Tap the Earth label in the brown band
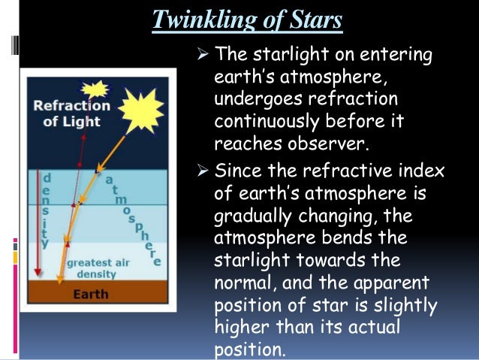click(x=91, y=294)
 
